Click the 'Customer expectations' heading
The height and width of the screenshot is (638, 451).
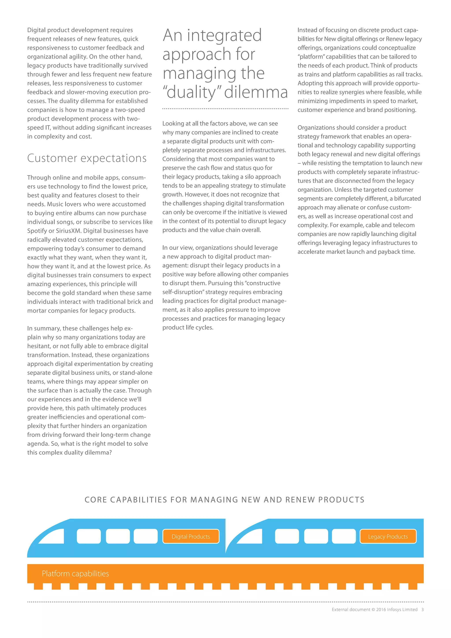coord(87,158)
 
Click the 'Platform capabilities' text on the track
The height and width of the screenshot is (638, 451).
coord(75,573)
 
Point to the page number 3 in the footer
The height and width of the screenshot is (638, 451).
coord(422,609)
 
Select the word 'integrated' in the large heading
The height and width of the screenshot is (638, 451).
coord(224,35)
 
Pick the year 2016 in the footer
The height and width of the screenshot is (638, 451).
coord(381,609)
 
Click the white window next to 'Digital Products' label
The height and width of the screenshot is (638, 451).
coord(146,536)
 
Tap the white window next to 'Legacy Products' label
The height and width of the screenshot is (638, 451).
coord(344,536)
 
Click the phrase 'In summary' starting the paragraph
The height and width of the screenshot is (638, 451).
coord(43,328)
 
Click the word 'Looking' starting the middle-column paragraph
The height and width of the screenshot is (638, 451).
coord(173,123)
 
